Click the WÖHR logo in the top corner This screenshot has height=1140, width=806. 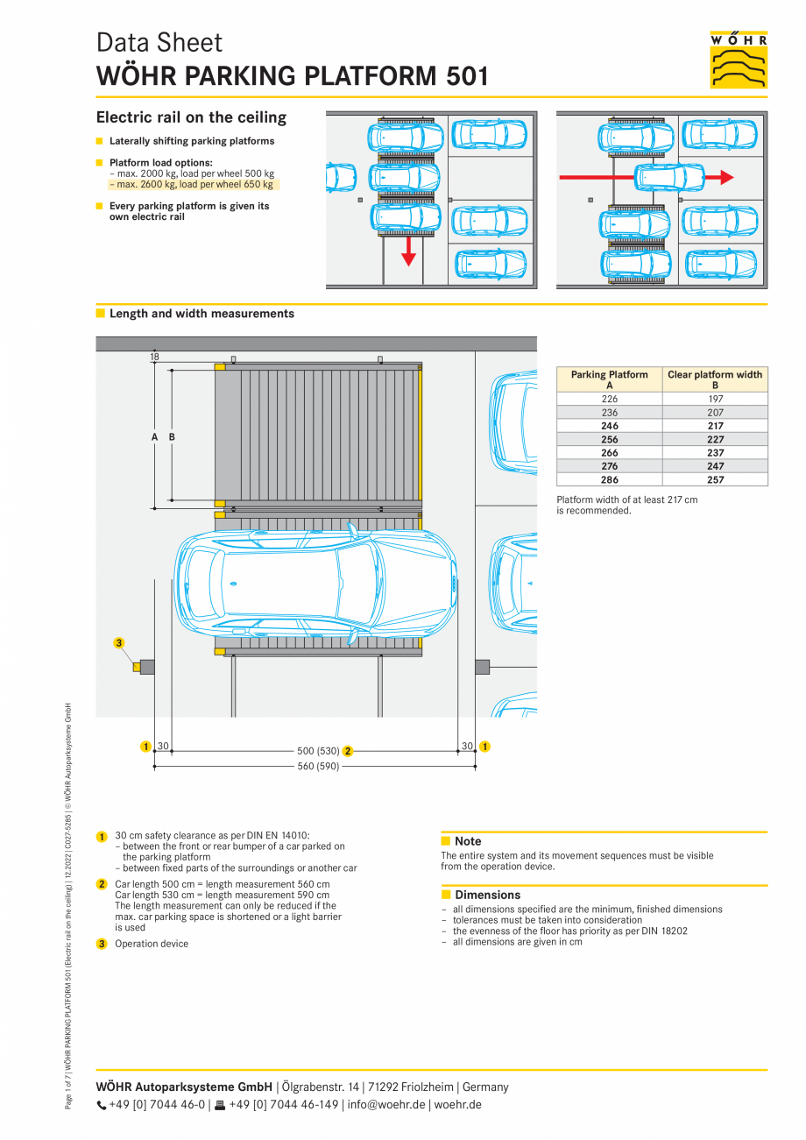[739, 60]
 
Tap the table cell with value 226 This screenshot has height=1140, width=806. [610, 399]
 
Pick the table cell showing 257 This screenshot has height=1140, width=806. [715, 480]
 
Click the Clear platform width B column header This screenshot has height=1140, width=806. [715, 379]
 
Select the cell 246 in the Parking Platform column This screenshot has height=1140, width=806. [610, 426]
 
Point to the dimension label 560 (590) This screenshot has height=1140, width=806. [317, 767]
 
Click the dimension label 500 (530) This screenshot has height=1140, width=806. [317, 751]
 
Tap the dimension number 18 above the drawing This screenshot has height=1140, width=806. [154, 357]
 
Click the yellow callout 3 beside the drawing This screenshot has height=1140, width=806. [119, 643]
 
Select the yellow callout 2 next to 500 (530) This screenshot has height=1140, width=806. [348, 751]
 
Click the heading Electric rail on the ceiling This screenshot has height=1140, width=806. [191, 117]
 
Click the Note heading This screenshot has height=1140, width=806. [468, 841]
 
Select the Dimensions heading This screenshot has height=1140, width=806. [487, 895]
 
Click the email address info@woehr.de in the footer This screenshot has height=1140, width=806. [386, 1104]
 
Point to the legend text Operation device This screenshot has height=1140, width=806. [152, 944]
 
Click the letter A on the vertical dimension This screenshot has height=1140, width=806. [154, 436]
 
